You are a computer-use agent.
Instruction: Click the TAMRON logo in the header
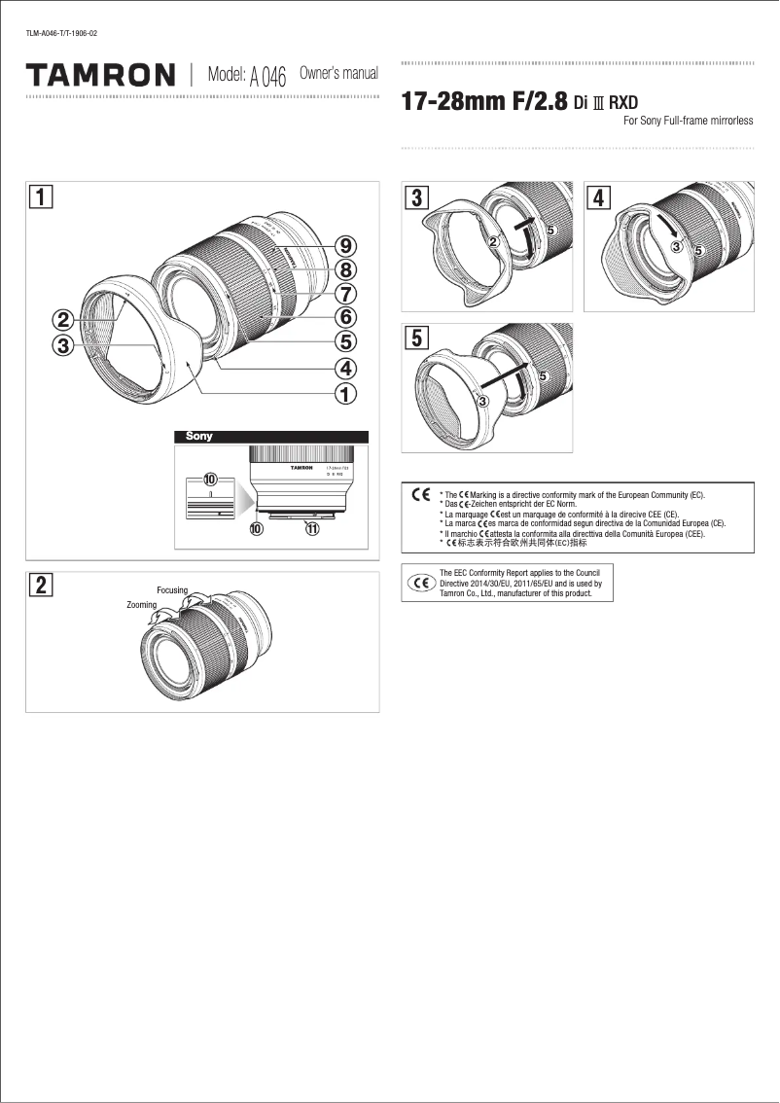pyautogui.click(x=101, y=75)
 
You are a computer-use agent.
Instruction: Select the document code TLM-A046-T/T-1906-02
pyautogui.click(x=60, y=34)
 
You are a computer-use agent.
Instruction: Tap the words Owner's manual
pyautogui.click(x=338, y=74)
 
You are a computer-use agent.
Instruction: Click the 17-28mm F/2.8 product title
pyautogui.click(x=483, y=103)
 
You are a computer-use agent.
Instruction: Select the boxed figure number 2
pyautogui.click(x=40, y=586)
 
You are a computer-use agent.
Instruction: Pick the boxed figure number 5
pyautogui.click(x=417, y=338)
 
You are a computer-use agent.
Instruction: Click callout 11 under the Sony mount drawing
pyautogui.click(x=311, y=529)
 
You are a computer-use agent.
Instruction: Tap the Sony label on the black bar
pyautogui.click(x=199, y=437)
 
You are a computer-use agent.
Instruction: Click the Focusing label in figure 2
pyautogui.click(x=172, y=590)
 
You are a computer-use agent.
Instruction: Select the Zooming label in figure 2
pyautogui.click(x=141, y=605)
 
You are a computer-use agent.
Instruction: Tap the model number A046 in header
pyautogui.click(x=268, y=78)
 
